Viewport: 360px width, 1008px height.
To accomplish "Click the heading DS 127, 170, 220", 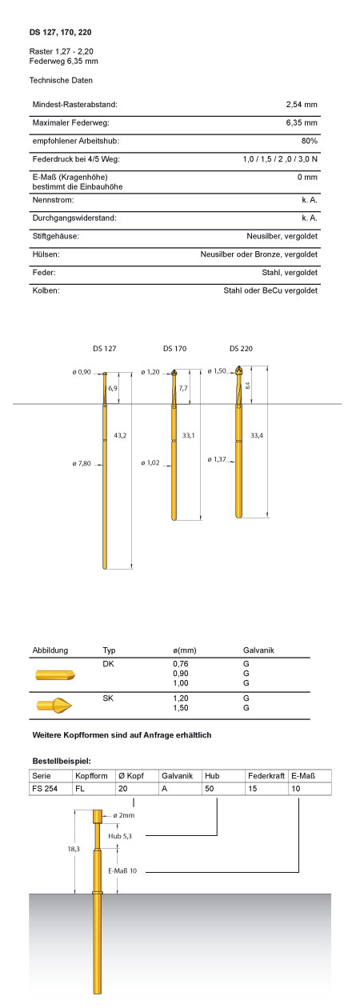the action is click(60, 32).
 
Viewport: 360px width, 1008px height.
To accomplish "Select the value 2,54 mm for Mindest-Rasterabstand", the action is click(302, 104).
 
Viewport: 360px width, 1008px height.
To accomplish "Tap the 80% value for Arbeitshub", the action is click(309, 141).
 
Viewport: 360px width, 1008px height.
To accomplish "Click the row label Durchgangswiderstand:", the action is click(74, 218).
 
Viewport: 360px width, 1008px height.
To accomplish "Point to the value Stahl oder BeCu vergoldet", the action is click(270, 290).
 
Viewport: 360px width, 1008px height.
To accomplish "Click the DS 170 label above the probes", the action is click(174, 348).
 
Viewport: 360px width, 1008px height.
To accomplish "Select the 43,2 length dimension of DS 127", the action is click(120, 435).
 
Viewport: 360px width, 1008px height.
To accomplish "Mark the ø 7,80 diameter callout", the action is click(82, 463).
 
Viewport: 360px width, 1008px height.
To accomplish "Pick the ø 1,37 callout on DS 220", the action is click(217, 459).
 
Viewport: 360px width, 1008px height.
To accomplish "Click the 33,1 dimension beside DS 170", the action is click(189, 435).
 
